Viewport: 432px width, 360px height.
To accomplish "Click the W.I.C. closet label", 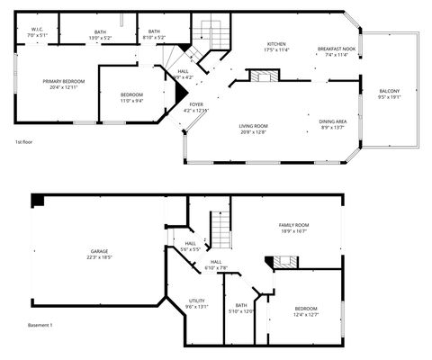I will tap(38, 30).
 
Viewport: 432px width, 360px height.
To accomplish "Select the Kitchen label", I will tap(275, 44).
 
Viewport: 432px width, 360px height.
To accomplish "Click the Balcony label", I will tap(389, 91).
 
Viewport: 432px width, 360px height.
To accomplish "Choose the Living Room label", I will tap(253, 126).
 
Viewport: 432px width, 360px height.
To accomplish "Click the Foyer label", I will tap(195, 105).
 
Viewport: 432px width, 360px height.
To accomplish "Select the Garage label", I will tap(99, 251).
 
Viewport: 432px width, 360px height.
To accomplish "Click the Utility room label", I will tap(196, 301).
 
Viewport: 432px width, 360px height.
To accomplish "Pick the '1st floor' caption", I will tap(24, 142).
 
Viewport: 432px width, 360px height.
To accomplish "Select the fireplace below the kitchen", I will tap(260, 78).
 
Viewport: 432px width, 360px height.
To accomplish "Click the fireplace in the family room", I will tap(285, 262).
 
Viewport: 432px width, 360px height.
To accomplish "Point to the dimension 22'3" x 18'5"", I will tap(99, 257).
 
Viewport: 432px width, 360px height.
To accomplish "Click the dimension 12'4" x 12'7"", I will tap(306, 315).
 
